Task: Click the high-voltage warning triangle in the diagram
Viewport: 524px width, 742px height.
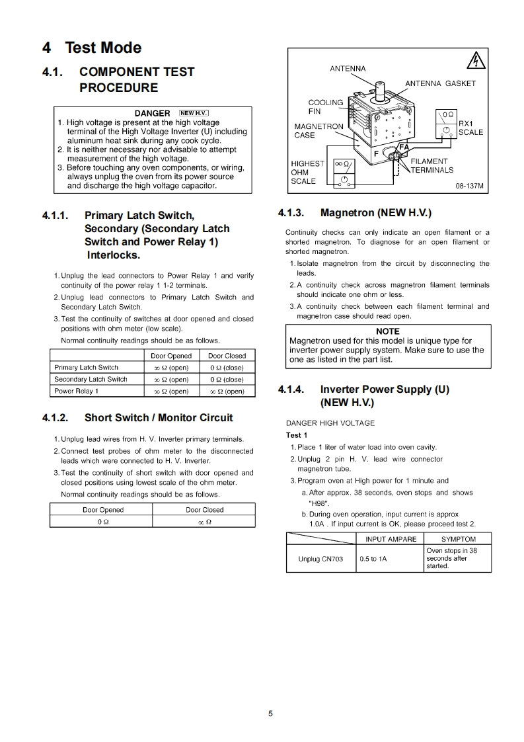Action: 475,62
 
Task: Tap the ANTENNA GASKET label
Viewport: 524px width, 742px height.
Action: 440,83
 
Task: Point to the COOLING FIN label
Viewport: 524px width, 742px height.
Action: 326,106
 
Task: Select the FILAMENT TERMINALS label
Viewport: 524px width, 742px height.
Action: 431,165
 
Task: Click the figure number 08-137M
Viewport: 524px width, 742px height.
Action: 470,186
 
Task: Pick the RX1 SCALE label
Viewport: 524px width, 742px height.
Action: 470,128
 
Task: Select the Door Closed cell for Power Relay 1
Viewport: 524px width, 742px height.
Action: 227,391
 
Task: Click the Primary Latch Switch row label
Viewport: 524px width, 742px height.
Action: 87,368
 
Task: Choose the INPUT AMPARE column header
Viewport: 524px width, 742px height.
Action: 391,539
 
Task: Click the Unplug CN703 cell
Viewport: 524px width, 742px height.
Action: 320,559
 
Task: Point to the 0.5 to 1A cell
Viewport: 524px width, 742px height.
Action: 373,559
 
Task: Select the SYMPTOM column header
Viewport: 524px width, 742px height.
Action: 458,539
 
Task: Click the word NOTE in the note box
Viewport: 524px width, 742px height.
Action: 387,331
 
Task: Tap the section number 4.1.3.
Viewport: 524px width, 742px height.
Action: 291,213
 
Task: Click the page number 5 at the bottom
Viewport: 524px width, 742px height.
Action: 270,713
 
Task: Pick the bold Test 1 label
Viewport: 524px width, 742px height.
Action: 297,435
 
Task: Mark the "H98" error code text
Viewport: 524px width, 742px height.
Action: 319,503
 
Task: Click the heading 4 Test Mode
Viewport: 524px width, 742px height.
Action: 92,48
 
